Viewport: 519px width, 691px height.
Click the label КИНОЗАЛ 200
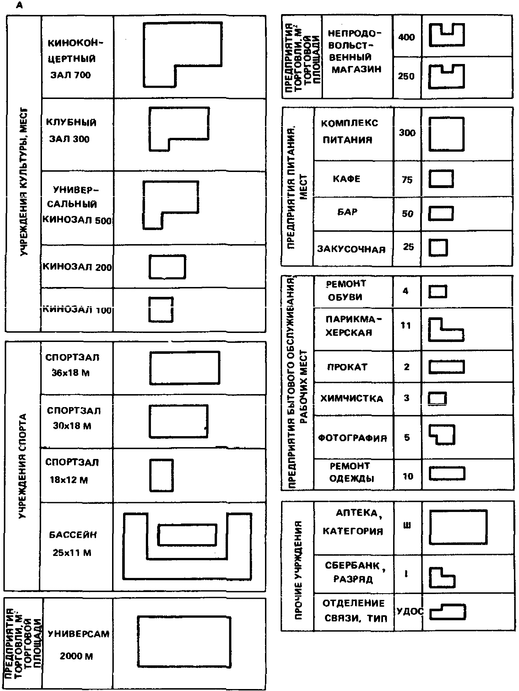point(77,267)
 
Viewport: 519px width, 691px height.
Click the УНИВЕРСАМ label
point(78,634)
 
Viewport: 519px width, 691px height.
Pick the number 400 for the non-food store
point(406,37)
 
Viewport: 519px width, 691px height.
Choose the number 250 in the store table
point(406,76)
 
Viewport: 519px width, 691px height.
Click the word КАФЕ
point(346,179)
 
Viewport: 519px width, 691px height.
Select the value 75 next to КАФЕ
point(407,180)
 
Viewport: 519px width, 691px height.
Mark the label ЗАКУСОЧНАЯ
point(351,249)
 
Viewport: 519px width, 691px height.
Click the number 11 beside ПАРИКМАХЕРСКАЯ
point(406,326)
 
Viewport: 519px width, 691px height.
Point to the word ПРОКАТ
point(347,367)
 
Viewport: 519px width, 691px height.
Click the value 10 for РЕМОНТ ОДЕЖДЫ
point(407,476)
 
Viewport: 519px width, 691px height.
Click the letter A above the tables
point(19,5)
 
